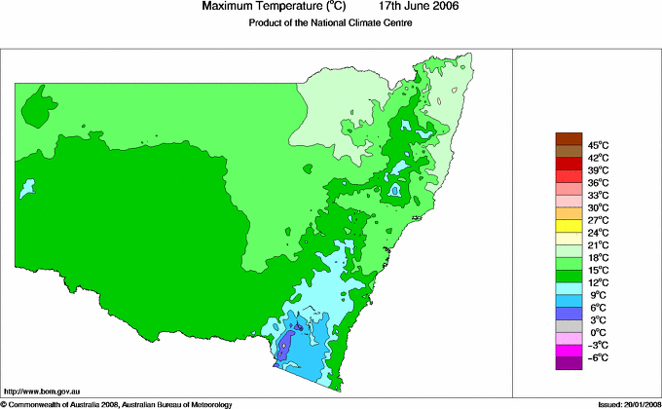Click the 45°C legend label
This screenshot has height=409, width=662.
598,145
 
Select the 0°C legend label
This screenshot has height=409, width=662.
598,332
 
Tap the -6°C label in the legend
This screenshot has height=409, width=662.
598,357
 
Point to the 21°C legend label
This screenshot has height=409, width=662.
598,244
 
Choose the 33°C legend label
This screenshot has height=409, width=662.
598,195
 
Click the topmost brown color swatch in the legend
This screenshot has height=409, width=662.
569,138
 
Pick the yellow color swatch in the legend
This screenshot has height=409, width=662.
569,225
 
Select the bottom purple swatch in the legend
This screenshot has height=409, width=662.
569,363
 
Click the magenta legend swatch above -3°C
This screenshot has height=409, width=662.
569,351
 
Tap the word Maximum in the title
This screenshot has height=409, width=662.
230,7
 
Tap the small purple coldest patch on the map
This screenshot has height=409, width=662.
283,347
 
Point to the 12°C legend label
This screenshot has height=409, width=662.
598,282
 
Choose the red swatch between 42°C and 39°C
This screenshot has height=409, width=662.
569,163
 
